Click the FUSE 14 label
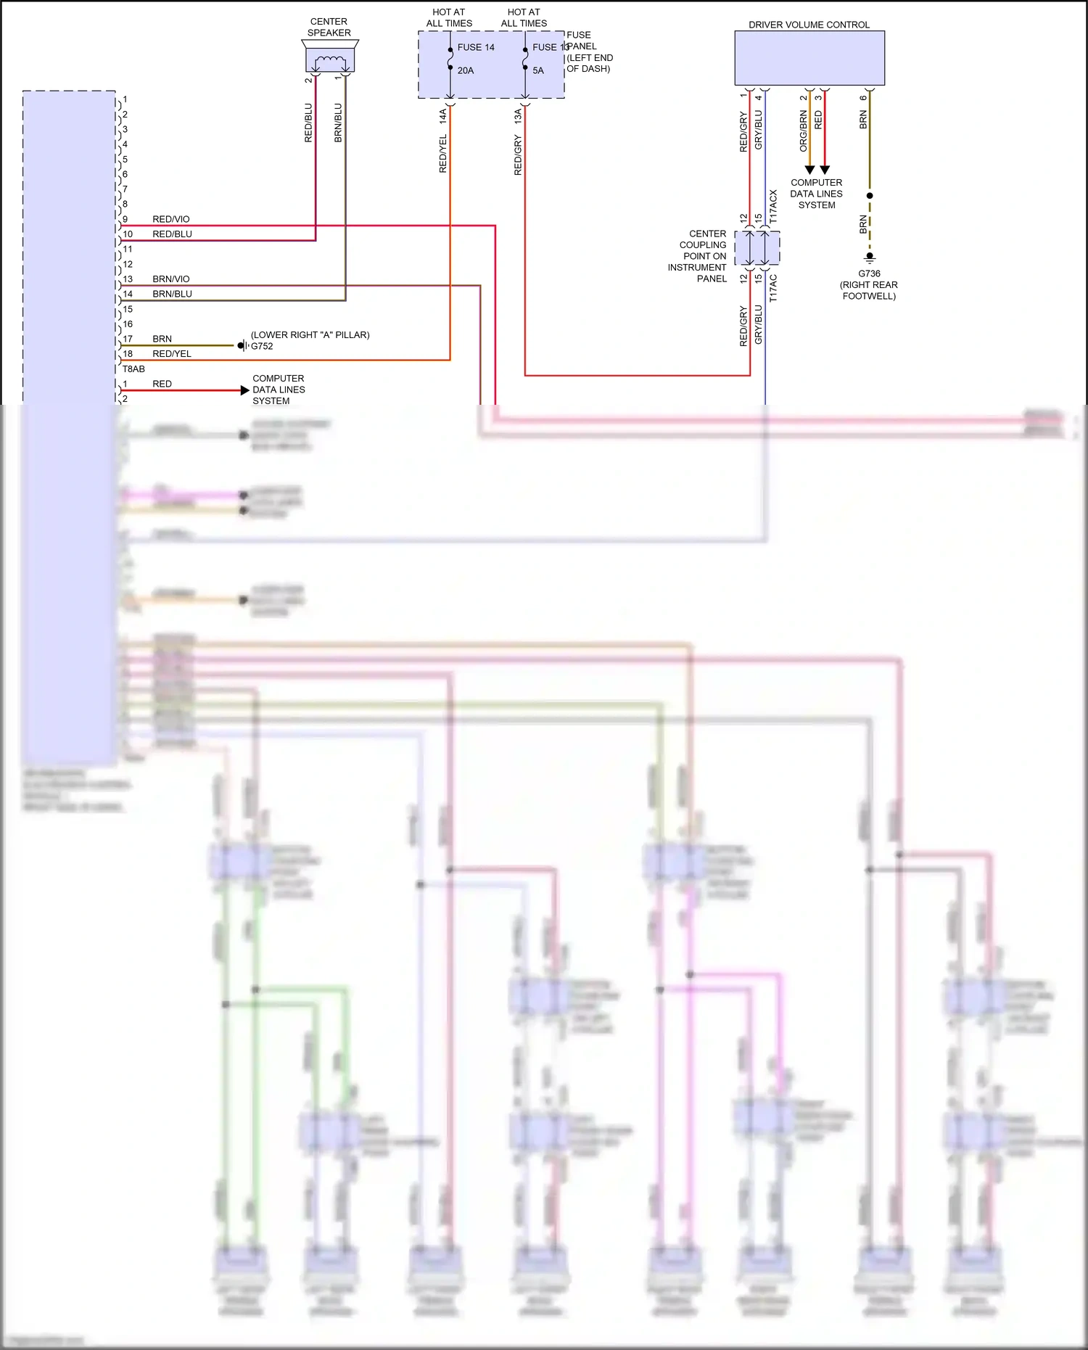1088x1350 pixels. [475, 47]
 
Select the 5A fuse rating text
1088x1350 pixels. [538, 70]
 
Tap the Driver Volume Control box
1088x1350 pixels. [809, 58]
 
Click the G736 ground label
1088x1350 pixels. [869, 273]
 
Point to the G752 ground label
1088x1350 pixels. [262, 346]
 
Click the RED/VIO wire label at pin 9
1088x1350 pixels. [171, 219]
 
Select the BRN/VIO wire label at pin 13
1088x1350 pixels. [171, 279]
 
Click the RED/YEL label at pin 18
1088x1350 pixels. [172, 354]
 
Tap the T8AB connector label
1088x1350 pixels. [133, 369]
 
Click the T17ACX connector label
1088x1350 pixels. [773, 207]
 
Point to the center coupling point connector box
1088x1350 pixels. [757, 248]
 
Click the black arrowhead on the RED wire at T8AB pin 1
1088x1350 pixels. [244, 390]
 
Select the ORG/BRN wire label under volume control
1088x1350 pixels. [803, 131]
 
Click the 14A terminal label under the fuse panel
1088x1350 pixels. [443, 116]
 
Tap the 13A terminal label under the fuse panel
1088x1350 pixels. [518, 116]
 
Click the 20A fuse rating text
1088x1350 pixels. [465, 70]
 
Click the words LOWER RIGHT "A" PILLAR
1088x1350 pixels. [310, 334]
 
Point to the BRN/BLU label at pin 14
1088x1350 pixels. [172, 294]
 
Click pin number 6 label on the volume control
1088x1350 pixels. [863, 98]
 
